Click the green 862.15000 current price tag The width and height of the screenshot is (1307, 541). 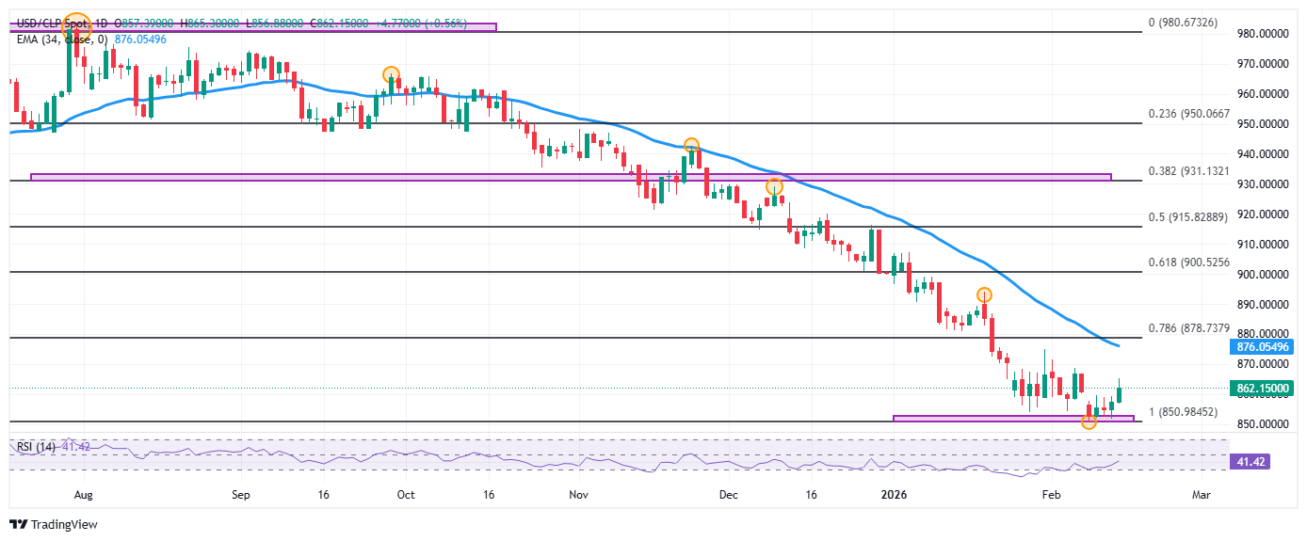(x=1262, y=389)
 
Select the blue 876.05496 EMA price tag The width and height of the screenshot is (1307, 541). (x=1262, y=346)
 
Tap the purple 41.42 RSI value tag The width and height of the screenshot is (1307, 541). (x=1262, y=462)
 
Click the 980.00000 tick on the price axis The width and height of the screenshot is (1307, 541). (x=1261, y=34)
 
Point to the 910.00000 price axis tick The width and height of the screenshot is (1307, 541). (x=1261, y=245)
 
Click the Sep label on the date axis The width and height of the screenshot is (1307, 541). (x=240, y=493)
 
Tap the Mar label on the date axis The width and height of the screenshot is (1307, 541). (x=1201, y=493)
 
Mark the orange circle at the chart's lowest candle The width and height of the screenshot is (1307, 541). (x=1089, y=422)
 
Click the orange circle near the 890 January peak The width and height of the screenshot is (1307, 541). (x=984, y=294)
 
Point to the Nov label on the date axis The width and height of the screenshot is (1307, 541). (x=578, y=493)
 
